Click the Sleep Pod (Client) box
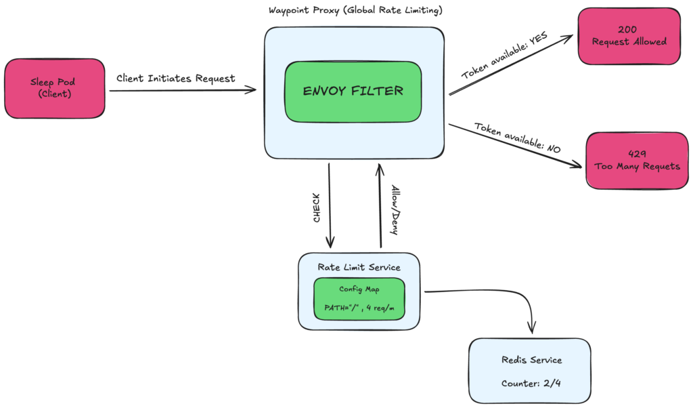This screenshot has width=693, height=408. [55, 88]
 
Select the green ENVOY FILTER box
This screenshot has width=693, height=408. [353, 91]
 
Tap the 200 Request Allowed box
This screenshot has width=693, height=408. [629, 36]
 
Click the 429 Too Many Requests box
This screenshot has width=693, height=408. [632, 160]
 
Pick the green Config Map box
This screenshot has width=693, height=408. [359, 298]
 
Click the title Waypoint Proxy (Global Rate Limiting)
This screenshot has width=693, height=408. [355, 11]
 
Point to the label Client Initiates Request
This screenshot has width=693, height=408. [176, 78]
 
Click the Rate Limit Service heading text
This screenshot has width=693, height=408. [359, 267]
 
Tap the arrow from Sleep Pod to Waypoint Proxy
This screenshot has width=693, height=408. [183, 89]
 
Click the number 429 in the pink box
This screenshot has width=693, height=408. [632, 154]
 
